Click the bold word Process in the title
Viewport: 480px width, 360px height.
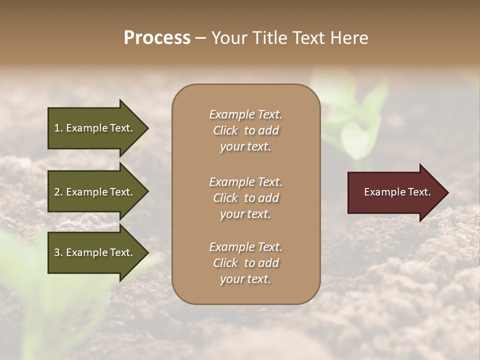click(157, 38)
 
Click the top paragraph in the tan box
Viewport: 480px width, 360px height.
click(245, 130)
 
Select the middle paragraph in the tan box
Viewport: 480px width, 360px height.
click(245, 198)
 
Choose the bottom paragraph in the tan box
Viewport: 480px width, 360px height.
click(245, 263)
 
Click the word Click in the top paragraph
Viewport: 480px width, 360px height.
click(225, 130)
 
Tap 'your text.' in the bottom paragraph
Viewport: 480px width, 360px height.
click(245, 279)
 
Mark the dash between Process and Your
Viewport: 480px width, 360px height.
click(200, 38)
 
